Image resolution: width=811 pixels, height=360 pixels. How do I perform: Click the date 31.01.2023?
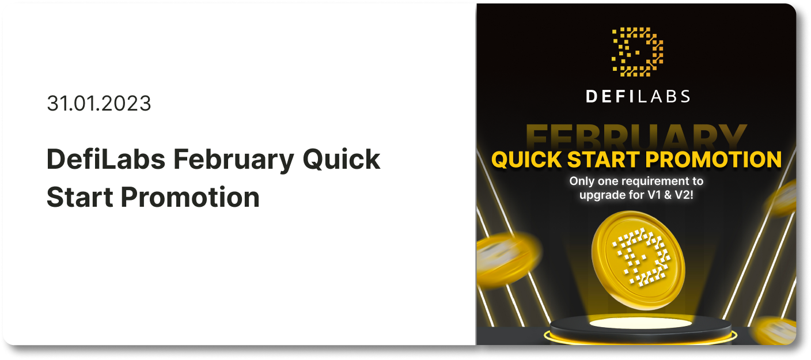click(x=99, y=103)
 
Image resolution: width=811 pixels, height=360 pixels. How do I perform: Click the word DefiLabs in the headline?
click(x=106, y=159)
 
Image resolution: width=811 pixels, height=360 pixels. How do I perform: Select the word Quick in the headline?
click(x=342, y=160)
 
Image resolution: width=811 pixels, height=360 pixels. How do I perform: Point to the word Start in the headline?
click(x=80, y=198)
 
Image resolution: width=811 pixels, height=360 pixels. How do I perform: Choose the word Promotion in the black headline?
click(x=190, y=198)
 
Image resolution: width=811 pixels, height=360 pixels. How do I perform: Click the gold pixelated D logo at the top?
click(x=637, y=52)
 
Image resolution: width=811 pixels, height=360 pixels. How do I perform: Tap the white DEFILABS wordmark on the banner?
click(x=638, y=97)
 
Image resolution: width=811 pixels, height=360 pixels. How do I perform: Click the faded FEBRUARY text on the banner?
click(x=636, y=136)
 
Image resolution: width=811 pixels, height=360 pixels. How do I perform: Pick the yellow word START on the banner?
click(x=603, y=160)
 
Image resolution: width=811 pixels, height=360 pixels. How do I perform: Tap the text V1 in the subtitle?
click(x=654, y=195)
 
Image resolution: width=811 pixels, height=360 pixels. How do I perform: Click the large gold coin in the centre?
click(x=638, y=260)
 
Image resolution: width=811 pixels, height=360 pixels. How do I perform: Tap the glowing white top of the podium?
click(x=641, y=323)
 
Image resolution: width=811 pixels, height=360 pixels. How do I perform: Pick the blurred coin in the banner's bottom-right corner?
click(x=775, y=330)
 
